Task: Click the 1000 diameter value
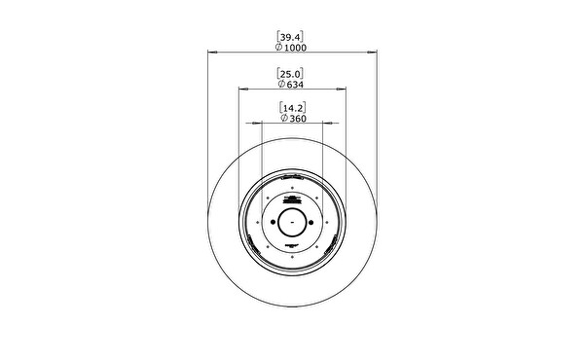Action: pyautogui.click(x=295, y=48)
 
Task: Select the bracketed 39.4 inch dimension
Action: pyautogui.click(x=290, y=37)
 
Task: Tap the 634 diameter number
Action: pyautogui.click(x=295, y=85)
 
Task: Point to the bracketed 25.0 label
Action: pyautogui.click(x=290, y=74)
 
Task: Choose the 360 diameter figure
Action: pyautogui.click(x=298, y=119)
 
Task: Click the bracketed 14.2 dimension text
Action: pyautogui.click(x=293, y=108)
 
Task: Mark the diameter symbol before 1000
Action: pyautogui.click(x=278, y=47)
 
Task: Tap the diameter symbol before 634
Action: pyautogui.click(x=282, y=84)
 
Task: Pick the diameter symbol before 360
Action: pyautogui.click(x=284, y=118)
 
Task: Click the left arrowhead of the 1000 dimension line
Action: pyautogui.click(x=212, y=53)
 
